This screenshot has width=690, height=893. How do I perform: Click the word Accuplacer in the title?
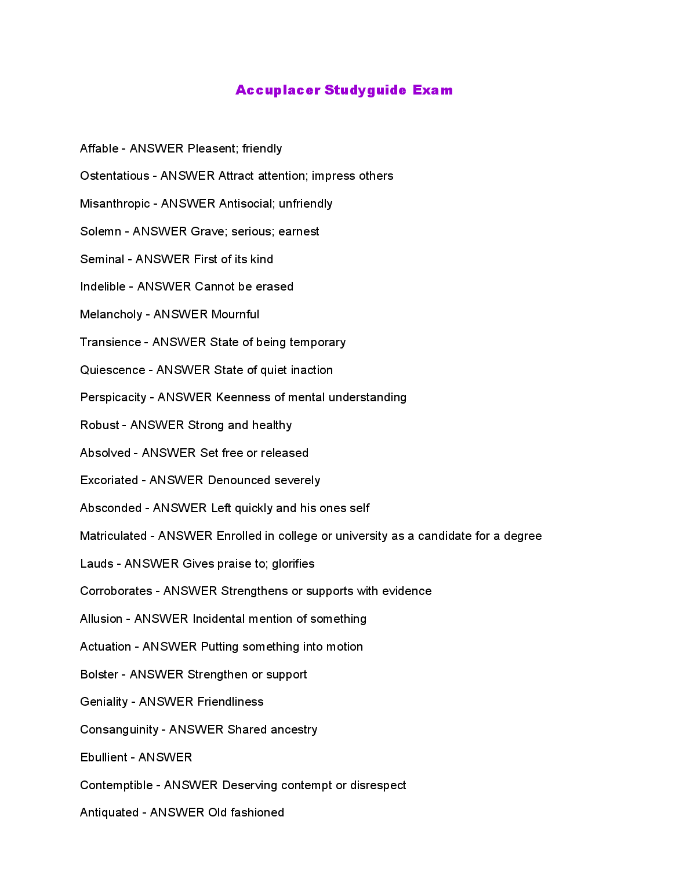tap(278, 90)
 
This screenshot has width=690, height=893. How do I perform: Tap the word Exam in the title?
tap(433, 90)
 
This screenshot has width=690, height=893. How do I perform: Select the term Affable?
tap(99, 148)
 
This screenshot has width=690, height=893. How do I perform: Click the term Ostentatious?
tap(114, 176)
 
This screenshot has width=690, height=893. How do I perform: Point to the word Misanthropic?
tap(115, 204)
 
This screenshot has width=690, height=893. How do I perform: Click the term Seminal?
tap(102, 259)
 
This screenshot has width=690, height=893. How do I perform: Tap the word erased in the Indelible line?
tap(274, 286)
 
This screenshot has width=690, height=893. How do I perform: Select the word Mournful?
tap(235, 314)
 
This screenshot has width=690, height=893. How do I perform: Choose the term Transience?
tap(110, 342)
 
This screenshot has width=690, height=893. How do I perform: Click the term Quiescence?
tap(112, 370)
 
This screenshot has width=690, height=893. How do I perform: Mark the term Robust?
tap(100, 425)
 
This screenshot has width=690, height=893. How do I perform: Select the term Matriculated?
tap(113, 536)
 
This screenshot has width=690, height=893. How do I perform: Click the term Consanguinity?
tap(119, 729)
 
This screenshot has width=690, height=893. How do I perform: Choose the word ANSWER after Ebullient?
tap(165, 757)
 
